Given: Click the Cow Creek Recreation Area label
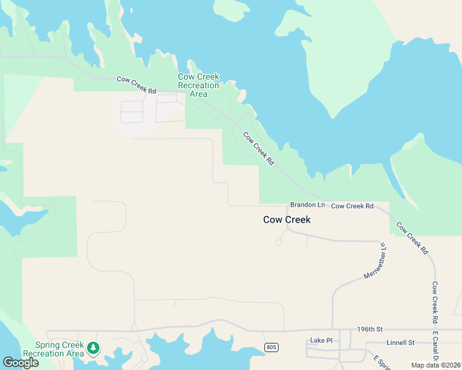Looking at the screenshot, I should point(198,85).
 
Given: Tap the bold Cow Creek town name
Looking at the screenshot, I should point(287,220).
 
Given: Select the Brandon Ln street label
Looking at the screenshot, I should point(307,205).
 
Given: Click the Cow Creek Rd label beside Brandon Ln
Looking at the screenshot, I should point(352,205).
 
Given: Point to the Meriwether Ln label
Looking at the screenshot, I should point(375,260).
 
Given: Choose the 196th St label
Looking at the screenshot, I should point(371,329).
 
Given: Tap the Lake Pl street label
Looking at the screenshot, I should point(321,340).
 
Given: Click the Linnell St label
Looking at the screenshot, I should point(400,342).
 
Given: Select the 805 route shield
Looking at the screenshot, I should point(271,347).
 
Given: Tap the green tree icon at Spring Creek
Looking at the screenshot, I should point(93,348).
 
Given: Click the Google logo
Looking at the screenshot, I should point(20,363).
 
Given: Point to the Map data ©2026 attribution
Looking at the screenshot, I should point(436,365).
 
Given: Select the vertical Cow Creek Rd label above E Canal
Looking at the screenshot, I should point(435,303).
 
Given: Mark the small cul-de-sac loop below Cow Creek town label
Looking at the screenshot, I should point(279,242).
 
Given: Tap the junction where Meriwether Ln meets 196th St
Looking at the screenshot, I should point(333,329).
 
